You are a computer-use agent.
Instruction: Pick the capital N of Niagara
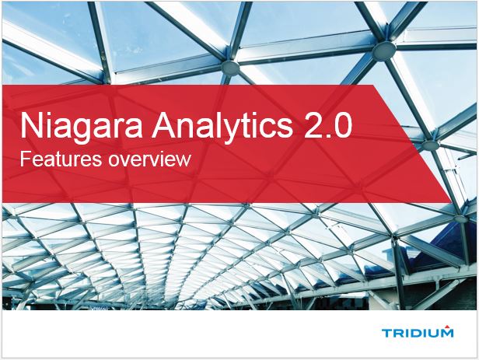(30, 127)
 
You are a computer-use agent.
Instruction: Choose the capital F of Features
(24, 162)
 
